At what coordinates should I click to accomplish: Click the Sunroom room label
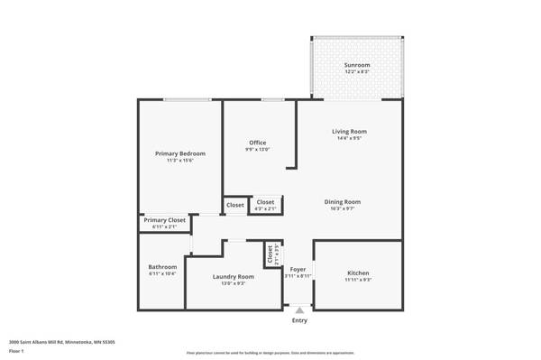point(356,66)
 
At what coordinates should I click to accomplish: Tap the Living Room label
point(350,132)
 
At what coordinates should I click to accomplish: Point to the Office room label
point(258,143)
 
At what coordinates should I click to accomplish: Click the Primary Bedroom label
point(179,153)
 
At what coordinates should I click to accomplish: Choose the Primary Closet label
point(164,220)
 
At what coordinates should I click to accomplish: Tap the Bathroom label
point(162,267)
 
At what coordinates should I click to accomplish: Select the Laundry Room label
point(233,276)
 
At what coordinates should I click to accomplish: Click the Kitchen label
point(358,272)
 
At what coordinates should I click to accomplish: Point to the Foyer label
point(298,270)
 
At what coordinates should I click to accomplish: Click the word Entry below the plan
point(299,320)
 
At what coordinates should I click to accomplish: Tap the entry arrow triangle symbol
point(299,310)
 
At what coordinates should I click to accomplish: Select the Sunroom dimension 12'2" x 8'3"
point(356,72)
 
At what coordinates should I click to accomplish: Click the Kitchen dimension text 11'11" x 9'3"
point(358,280)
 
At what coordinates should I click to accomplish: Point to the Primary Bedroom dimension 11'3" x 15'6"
point(179,160)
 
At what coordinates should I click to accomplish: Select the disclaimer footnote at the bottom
point(270,353)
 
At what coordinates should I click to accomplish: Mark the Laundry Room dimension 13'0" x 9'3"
point(233,283)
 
